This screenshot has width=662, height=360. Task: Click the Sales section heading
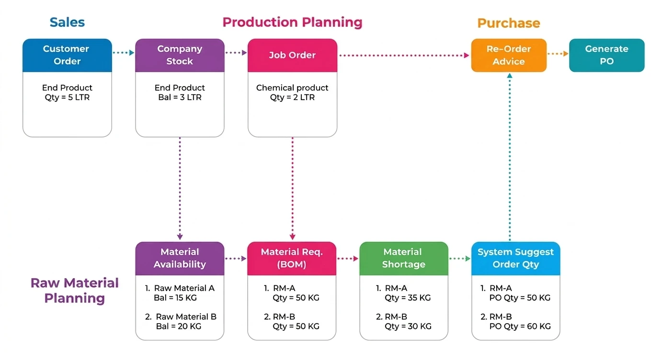[x=67, y=22]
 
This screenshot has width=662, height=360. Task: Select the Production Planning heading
[x=292, y=22]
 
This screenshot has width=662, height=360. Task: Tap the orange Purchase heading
[x=508, y=23]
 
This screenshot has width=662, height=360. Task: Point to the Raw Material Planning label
[x=74, y=290]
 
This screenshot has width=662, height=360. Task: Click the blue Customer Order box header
[x=67, y=55]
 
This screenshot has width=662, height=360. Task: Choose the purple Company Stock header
[x=180, y=55]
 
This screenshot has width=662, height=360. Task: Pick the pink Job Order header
[x=292, y=55]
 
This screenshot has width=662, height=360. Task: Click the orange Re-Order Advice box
[x=509, y=55]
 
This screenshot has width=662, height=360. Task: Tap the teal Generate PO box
[x=606, y=55]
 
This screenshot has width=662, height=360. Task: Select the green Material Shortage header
[x=404, y=258]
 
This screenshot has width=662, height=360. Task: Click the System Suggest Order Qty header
[x=515, y=258]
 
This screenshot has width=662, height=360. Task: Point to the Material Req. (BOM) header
[x=292, y=258]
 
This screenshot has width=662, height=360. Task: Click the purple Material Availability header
[x=180, y=258]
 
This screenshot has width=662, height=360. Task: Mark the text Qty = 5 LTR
[x=67, y=97]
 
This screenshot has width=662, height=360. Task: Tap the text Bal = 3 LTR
[x=180, y=97]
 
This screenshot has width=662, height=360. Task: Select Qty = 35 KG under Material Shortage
[x=408, y=297]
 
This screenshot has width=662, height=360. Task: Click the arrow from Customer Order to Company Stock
[x=124, y=53]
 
